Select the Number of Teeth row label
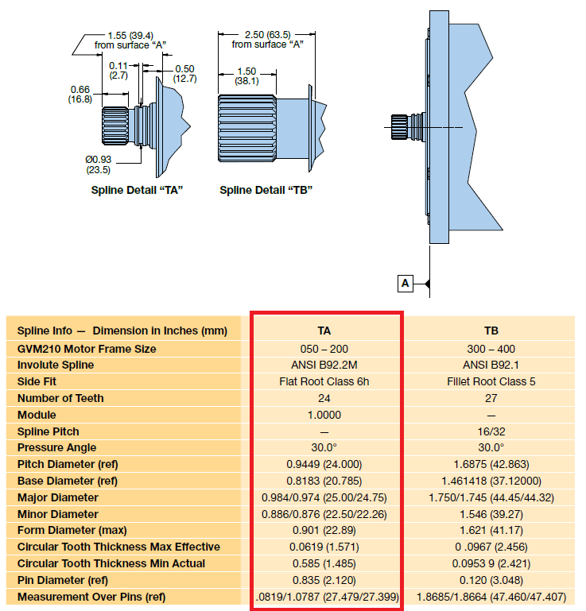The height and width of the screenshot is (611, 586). coord(60,398)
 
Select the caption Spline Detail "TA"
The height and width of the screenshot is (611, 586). coord(132,190)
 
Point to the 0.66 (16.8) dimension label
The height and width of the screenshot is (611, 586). coord(79,94)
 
